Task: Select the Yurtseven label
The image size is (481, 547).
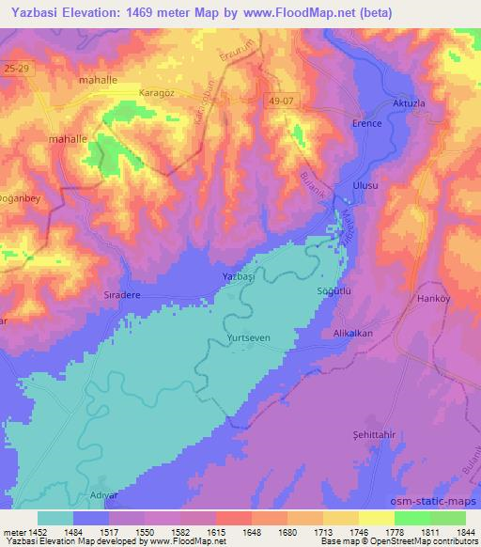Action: [248, 336]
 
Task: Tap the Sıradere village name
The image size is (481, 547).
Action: [121, 294]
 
